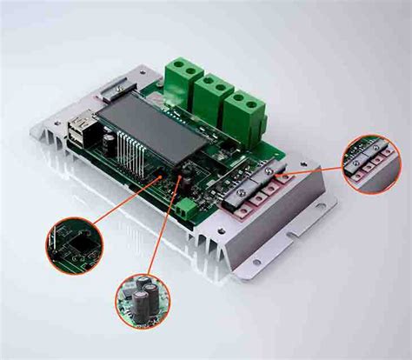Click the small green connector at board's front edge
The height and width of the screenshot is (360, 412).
pos(185,208)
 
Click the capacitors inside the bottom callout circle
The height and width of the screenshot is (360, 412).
pos(143,295)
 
